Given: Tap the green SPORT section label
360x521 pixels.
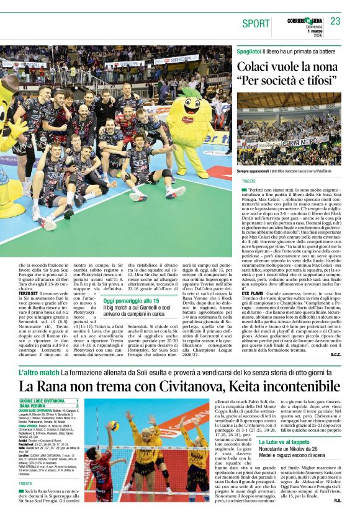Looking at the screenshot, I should (x=256, y=24).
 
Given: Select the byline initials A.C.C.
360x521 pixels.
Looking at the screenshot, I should (x=336, y=354).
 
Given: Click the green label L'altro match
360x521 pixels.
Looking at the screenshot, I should (x=39, y=373).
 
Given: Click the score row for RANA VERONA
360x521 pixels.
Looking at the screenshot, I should (x=50, y=406).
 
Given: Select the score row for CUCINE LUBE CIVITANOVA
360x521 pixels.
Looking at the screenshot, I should (x=50, y=401).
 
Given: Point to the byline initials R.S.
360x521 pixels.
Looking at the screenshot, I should (x=338, y=500).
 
